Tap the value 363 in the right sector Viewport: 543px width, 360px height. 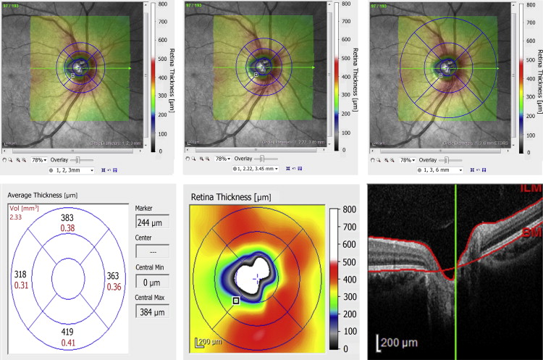coord(111,275)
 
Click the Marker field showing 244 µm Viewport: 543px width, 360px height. coord(153,222)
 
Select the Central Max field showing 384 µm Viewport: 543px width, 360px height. coord(153,311)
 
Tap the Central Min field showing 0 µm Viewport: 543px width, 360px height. coord(153,282)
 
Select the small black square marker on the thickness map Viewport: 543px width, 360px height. coord(235,300)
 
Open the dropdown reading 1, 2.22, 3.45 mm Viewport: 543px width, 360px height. coord(256,169)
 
